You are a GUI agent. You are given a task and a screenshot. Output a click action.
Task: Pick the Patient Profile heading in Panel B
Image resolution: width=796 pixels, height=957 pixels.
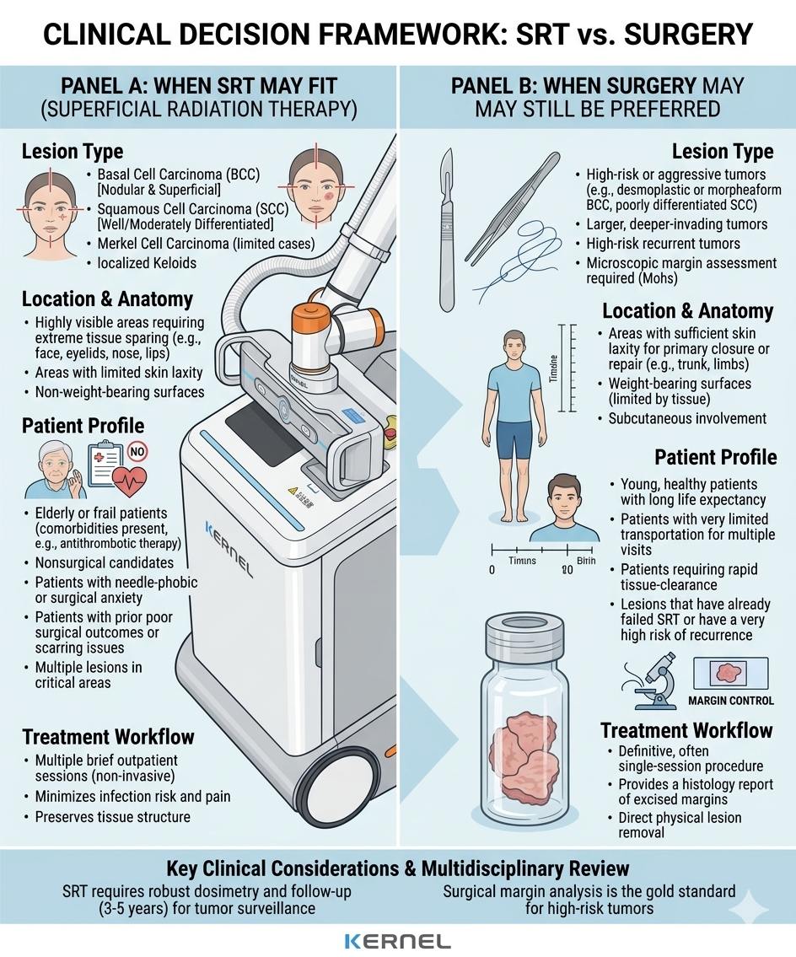715,458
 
